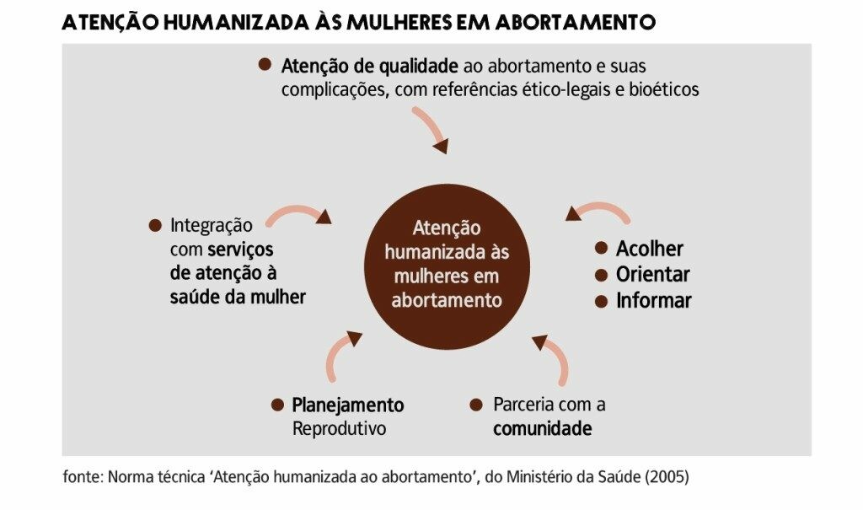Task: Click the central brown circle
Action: tap(447, 266)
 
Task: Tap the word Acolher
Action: tap(650, 249)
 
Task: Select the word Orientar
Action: tap(653, 274)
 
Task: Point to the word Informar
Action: tap(654, 301)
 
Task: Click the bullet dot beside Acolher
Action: tap(601, 248)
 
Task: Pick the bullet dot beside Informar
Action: tap(601, 301)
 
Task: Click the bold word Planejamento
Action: tap(348, 405)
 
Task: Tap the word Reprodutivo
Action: tap(339, 428)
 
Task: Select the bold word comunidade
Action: tap(542, 428)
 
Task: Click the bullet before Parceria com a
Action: tap(476, 405)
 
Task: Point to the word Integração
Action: tap(212, 226)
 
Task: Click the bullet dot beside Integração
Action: tap(155, 225)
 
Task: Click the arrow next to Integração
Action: tap(298, 211)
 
